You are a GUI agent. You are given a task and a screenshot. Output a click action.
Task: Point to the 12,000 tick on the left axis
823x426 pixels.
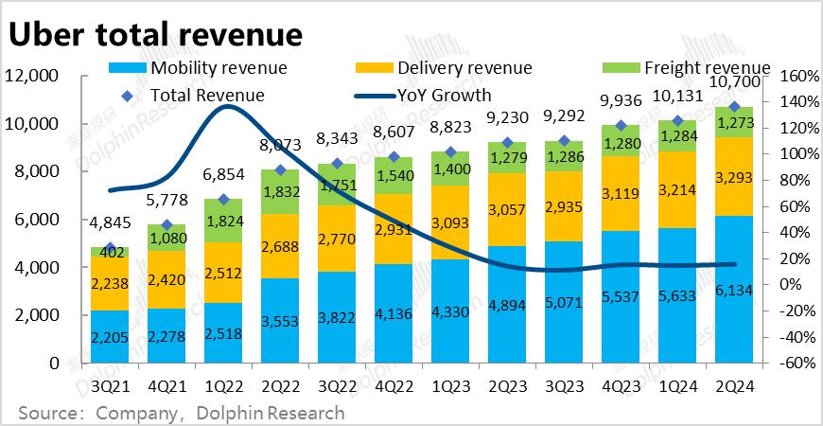pos(32,76)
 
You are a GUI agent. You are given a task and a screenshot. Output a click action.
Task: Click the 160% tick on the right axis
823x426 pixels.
pos(797,76)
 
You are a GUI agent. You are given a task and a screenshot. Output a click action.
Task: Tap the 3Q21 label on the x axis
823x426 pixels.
pos(110,387)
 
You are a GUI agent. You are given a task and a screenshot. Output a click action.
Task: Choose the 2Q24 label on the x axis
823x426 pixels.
pos(734,387)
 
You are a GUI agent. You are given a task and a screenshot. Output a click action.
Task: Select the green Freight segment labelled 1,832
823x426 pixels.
pos(280,191)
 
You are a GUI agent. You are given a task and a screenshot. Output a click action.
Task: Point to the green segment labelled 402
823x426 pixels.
pos(110,252)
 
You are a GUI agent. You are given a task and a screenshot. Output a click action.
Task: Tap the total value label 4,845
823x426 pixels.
pos(110,224)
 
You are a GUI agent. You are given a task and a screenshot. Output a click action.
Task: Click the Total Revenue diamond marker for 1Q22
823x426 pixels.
pos(223,200)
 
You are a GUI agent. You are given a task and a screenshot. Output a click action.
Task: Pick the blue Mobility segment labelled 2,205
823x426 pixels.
pos(110,336)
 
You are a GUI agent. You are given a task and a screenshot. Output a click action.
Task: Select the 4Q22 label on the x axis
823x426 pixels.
pos(394,387)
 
